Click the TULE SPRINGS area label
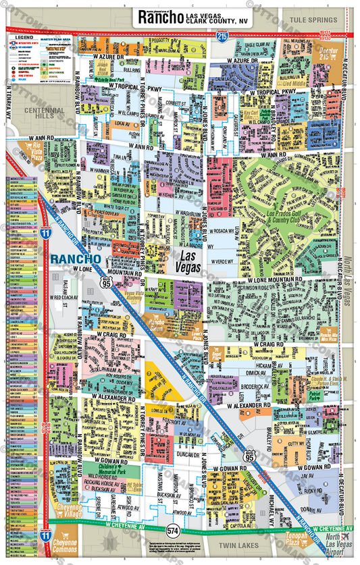(313, 21)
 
